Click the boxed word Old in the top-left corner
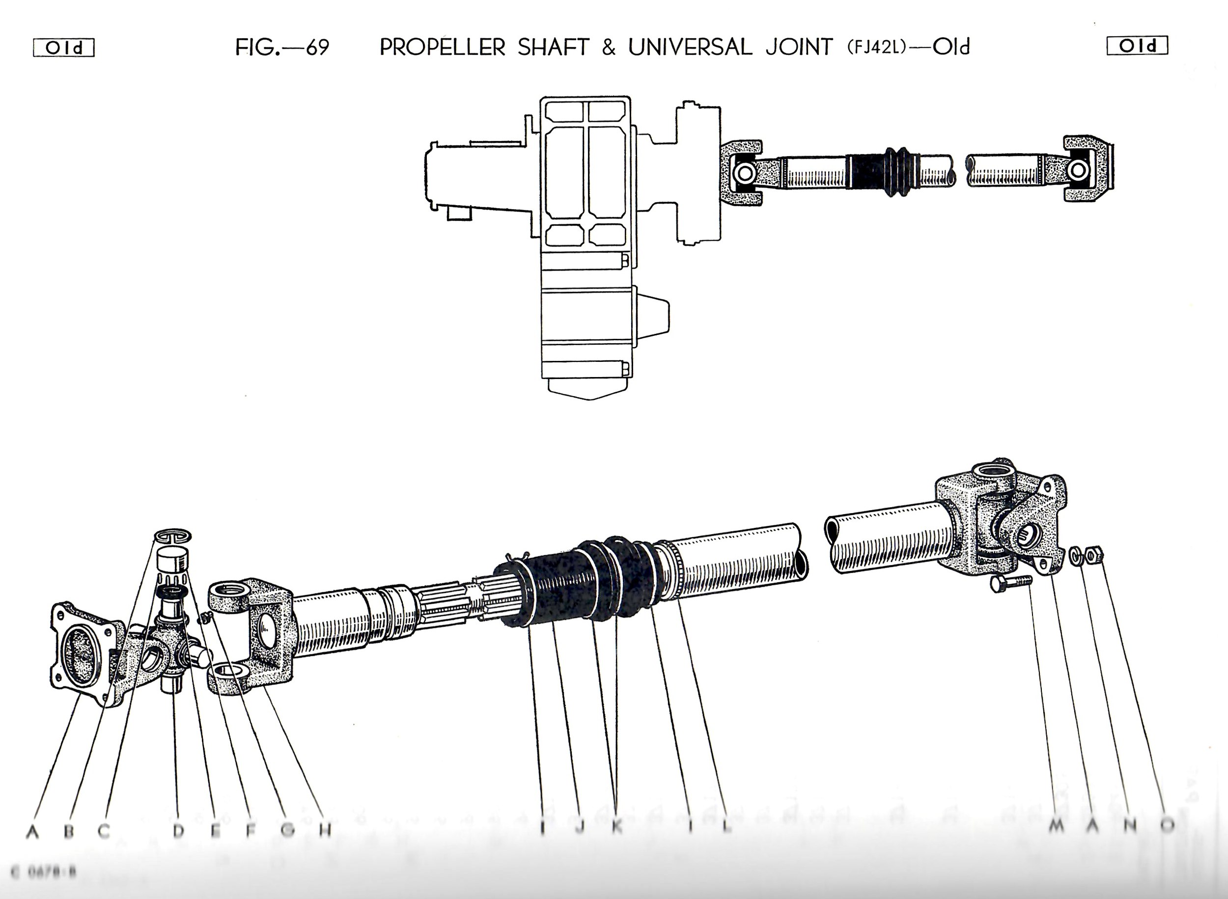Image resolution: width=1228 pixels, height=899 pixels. click(64, 48)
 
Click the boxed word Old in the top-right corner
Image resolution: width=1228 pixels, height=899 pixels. click(1137, 46)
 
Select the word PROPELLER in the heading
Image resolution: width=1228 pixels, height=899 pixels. click(443, 47)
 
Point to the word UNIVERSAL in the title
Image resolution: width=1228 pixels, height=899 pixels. click(690, 47)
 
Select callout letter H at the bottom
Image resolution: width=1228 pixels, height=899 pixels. click(325, 830)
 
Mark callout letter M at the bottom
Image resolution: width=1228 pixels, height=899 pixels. click(1057, 825)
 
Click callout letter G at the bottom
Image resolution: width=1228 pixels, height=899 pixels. click(288, 830)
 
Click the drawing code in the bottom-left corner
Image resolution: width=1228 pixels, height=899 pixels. click(44, 872)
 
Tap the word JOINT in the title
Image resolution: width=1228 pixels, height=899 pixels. click(799, 47)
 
